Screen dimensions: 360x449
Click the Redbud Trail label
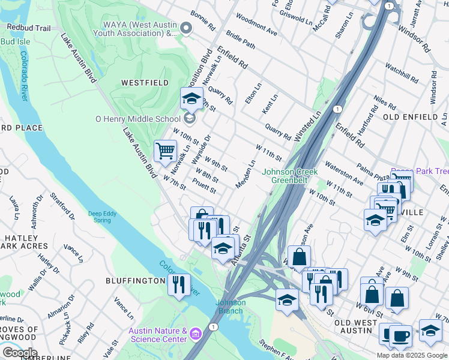coord(28,28)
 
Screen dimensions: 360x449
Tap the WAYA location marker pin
coord(186,28)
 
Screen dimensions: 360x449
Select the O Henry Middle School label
coord(137,119)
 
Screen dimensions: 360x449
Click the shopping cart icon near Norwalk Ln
coord(165,151)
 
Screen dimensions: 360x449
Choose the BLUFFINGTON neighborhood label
coord(135,281)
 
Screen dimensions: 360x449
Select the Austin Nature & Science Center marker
coord(195,333)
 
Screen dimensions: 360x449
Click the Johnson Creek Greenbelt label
coord(285,175)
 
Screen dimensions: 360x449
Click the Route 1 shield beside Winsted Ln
coord(338,109)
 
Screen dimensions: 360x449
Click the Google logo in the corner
coord(19,353)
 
